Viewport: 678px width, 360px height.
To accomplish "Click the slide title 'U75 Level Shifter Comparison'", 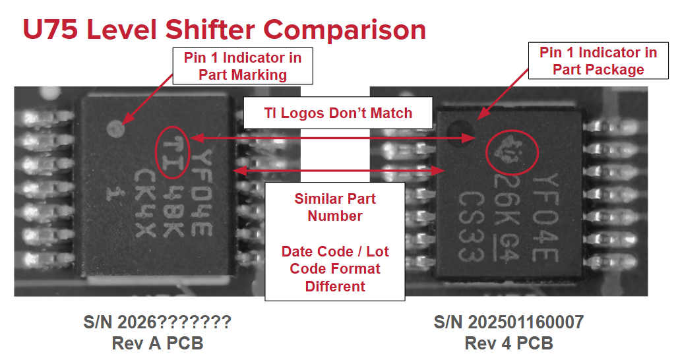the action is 224,30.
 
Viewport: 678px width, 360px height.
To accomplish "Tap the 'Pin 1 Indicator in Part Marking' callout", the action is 243,66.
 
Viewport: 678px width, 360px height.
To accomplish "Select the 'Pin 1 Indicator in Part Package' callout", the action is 598,61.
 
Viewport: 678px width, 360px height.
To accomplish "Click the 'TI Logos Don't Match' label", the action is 338,113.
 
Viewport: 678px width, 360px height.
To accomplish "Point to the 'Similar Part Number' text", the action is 335,207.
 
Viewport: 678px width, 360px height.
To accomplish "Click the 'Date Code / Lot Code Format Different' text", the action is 335,268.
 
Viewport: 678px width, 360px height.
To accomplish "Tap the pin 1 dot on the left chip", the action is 115,129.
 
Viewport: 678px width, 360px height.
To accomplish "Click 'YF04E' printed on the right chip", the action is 545,218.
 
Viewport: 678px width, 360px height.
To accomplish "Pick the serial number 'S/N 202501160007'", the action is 509,322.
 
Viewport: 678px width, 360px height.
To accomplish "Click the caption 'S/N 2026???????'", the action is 158,322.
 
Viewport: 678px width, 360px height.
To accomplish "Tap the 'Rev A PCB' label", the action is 158,343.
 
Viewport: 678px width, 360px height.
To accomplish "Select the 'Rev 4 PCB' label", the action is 509,343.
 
